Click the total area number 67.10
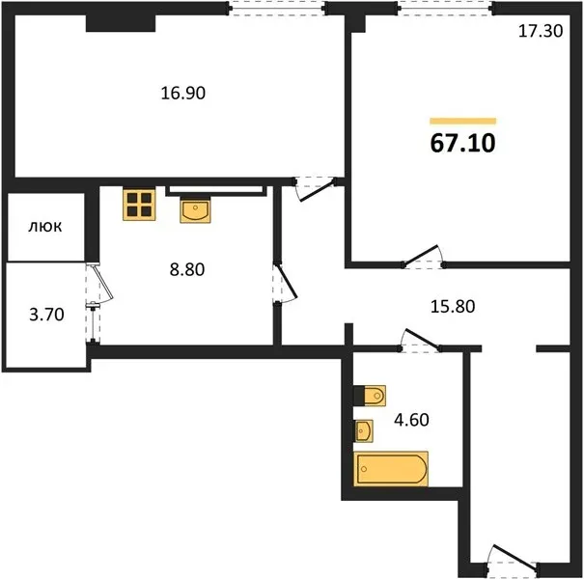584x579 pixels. click(x=462, y=143)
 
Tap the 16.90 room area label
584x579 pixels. click(x=182, y=93)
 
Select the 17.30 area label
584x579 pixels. click(x=541, y=31)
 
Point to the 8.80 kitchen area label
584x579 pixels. click(x=187, y=269)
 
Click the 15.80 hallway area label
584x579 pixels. click(x=453, y=307)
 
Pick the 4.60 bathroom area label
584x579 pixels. click(x=411, y=420)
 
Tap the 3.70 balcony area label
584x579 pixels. click(x=46, y=315)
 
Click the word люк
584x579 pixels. click(x=45, y=227)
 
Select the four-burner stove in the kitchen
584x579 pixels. click(x=139, y=205)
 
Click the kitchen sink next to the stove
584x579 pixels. click(x=195, y=210)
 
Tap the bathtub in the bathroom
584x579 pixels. click(x=391, y=469)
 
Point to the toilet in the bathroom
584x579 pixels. click(x=370, y=396)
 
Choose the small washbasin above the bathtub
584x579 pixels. click(x=364, y=431)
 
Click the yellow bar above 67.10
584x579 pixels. click(x=463, y=121)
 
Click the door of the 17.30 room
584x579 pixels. click(x=423, y=257)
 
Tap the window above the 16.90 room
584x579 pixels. click(x=277, y=8)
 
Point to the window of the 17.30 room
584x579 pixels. click(x=445, y=8)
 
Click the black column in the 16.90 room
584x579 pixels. click(x=121, y=23)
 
